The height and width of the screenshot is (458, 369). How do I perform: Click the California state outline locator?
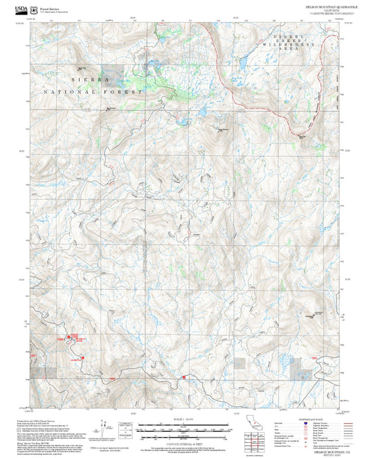click(250, 423)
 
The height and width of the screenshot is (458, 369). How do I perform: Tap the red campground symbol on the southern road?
click(183, 377)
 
